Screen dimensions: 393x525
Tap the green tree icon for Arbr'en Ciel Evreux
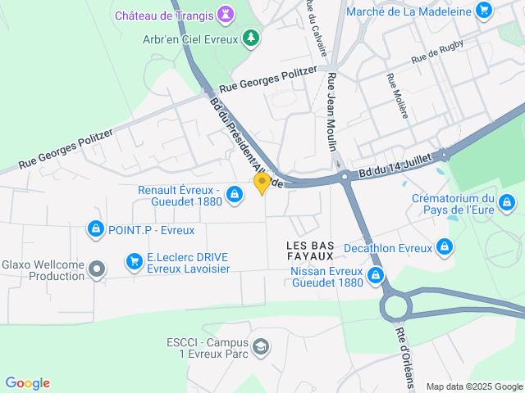pyautogui.click(x=251, y=38)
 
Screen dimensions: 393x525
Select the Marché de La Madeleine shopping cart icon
pyautogui.click(x=484, y=11)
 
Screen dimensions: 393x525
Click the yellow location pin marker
pyautogui.click(x=262, y=183)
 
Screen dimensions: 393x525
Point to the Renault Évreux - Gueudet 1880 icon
pyautogui.click(x=235, y=195)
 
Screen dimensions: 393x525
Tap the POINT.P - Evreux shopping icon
pyautogui.click(x=95, y=228)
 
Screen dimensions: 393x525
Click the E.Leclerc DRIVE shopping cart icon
pyautogui.click(x=134, y=261)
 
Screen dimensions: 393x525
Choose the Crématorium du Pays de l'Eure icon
pyautogui.click(x=507, y=201)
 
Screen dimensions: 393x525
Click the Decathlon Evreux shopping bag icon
pyautogui.click(x=445, y=246)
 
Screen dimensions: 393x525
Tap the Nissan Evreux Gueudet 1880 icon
pyautogui.click(x=376, y=275)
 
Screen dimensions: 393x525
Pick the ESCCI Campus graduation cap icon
pyautogui.click(x=261, y=347)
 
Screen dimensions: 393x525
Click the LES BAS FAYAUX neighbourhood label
pyautogui.click(x=310, y=251)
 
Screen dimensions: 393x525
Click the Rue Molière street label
pyautogui.click(x=396, y=97)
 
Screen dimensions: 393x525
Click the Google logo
pyautogui.click(x=27, y=383)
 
